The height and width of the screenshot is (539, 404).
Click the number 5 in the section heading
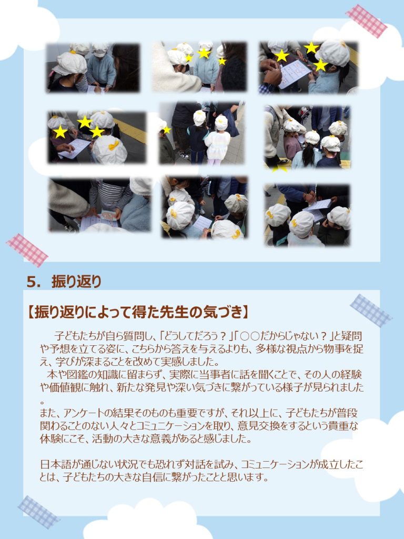coord(31,282)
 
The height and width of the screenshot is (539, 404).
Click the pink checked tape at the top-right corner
coord(367,21)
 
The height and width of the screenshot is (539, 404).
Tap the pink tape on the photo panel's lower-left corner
coord(27,250)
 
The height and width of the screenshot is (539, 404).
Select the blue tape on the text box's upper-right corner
coord(371,310)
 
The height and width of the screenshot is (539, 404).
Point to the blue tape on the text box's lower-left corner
coord(38,512)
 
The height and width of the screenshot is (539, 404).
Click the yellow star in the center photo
coord(167,130)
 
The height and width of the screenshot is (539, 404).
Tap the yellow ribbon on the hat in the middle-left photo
coord(114,145)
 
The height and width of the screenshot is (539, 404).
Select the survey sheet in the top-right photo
coord(295,73)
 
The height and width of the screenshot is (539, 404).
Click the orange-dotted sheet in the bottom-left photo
coord(108,216)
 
